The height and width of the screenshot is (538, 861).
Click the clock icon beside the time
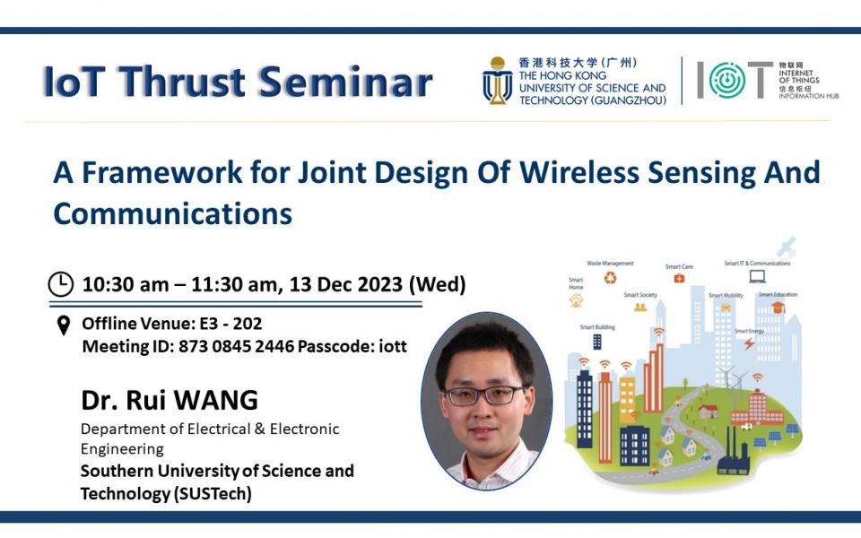60,285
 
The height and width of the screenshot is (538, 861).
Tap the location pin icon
63,325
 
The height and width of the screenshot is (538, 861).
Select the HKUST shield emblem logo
497,81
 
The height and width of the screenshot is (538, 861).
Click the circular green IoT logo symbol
726,81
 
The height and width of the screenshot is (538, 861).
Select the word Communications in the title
172,213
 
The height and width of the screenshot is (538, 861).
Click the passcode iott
387,346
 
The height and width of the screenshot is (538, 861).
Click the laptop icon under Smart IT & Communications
757,276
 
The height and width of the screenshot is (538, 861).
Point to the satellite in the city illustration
787,246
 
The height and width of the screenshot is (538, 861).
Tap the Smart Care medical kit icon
679,279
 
